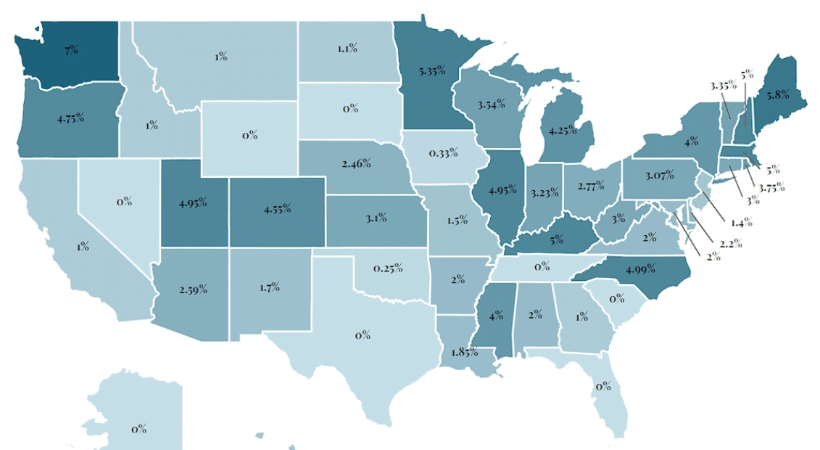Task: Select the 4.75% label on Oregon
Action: coord(70,118)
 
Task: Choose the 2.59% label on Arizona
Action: coord(192,290)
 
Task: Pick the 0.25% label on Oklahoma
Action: coord(388,269)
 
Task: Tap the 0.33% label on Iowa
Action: coord(442,153)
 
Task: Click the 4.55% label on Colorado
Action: coord(277,209)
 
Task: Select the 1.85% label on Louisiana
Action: coord(463,352)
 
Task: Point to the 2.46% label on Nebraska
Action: coord(356,164)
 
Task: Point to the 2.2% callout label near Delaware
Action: coord(731,243)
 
